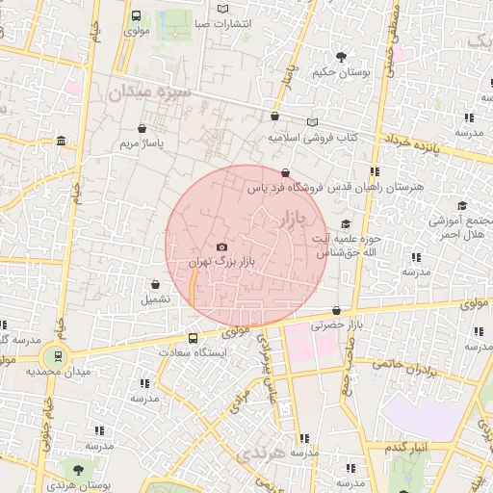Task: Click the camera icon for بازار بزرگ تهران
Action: coord(222,247)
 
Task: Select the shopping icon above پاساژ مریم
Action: coord(143,128)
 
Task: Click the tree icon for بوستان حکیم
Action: coord(341,56)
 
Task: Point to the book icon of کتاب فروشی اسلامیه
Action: coord(311,123)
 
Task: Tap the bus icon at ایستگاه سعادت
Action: coord(194,338)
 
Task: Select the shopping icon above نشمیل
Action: coord(155,284)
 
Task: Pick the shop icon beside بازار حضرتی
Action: coord(336,310)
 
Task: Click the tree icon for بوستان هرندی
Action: coord(77,470)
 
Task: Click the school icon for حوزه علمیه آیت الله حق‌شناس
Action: coord(346,223)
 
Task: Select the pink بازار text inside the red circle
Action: coord(293,221)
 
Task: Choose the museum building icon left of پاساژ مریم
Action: coord(61,143)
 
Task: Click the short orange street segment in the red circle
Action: coord(193,286)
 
